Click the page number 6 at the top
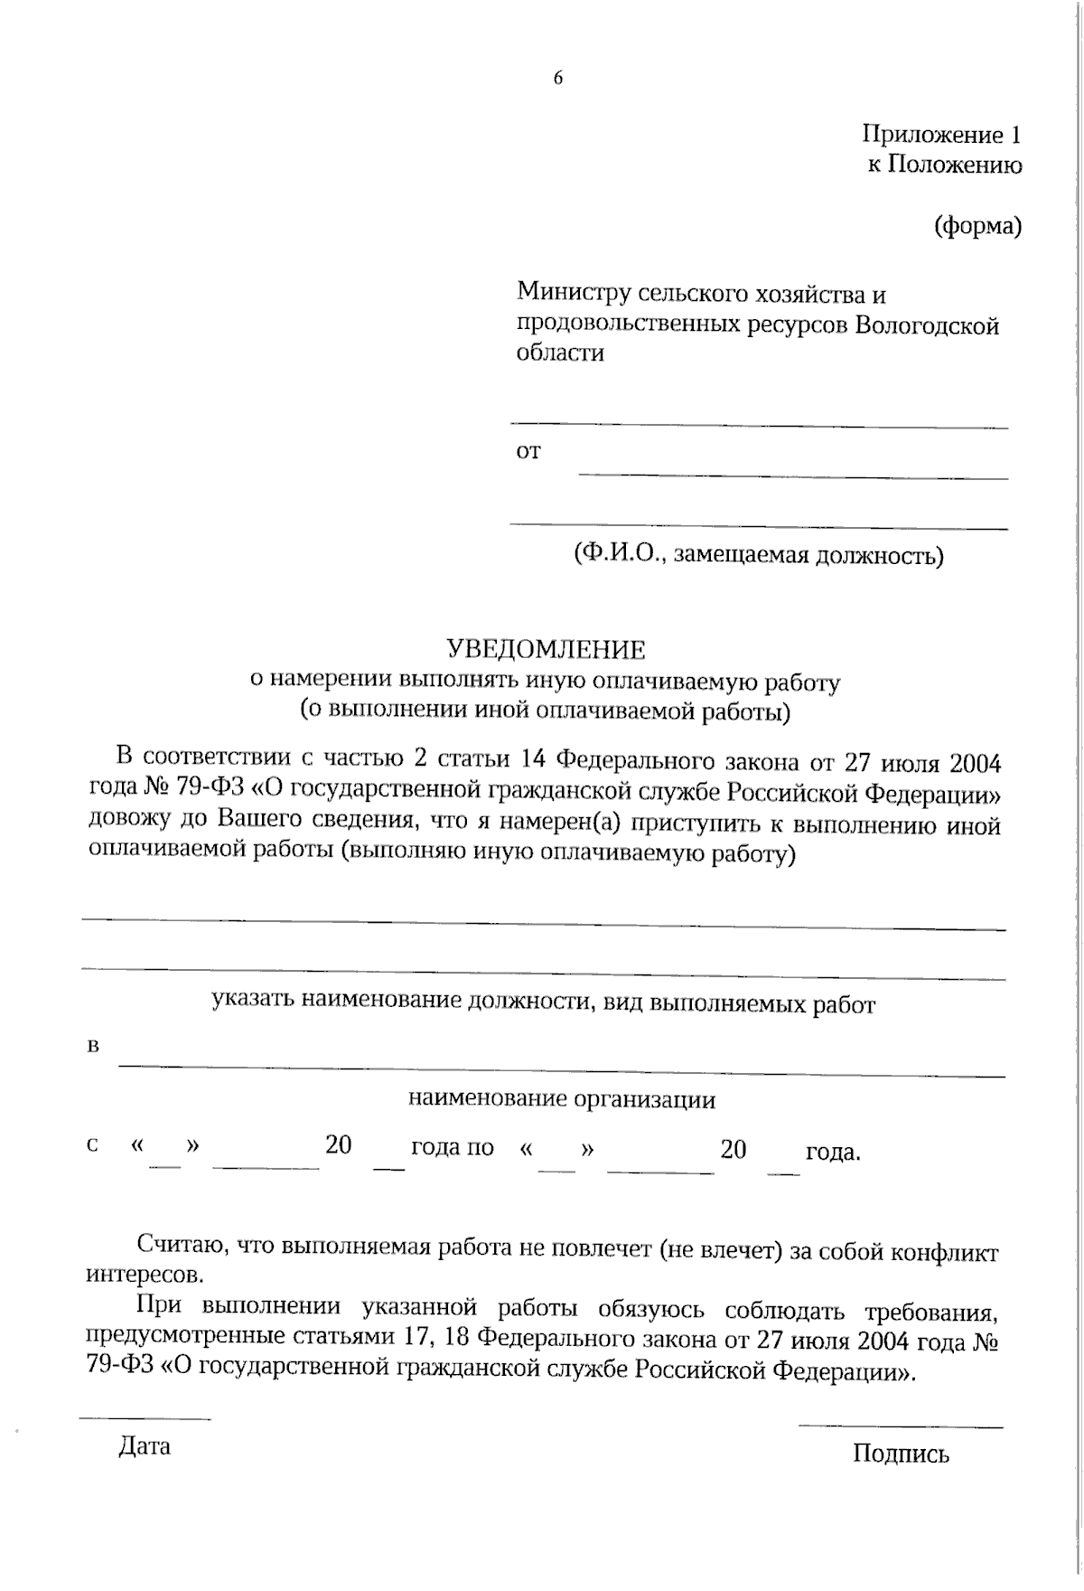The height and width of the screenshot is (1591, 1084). (x=557, y=79)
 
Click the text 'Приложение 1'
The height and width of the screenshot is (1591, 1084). (x=941, y=136)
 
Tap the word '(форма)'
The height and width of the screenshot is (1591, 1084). (x=977, y=225)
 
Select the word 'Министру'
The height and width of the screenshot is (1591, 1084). (x=573, y=294)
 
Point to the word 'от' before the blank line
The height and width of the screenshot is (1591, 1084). (x=528, y=451)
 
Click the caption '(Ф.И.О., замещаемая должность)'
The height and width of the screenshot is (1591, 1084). (x=758, y=555)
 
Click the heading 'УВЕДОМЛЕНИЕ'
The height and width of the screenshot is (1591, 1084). (x=547, y=649)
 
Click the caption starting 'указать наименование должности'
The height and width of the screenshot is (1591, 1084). (x=543, y=1003)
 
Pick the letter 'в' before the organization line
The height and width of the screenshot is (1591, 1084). (x=92, y=1048)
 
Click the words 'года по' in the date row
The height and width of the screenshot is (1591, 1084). (x=453, y=1148)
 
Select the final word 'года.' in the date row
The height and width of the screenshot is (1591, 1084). (x=832, y=1153)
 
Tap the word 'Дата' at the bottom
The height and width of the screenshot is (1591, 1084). (x=145, y=1446)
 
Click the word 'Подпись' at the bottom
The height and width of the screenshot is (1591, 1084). (x=901, y=1454)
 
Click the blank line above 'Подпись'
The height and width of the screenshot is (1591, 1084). (x=900, y=1426)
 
